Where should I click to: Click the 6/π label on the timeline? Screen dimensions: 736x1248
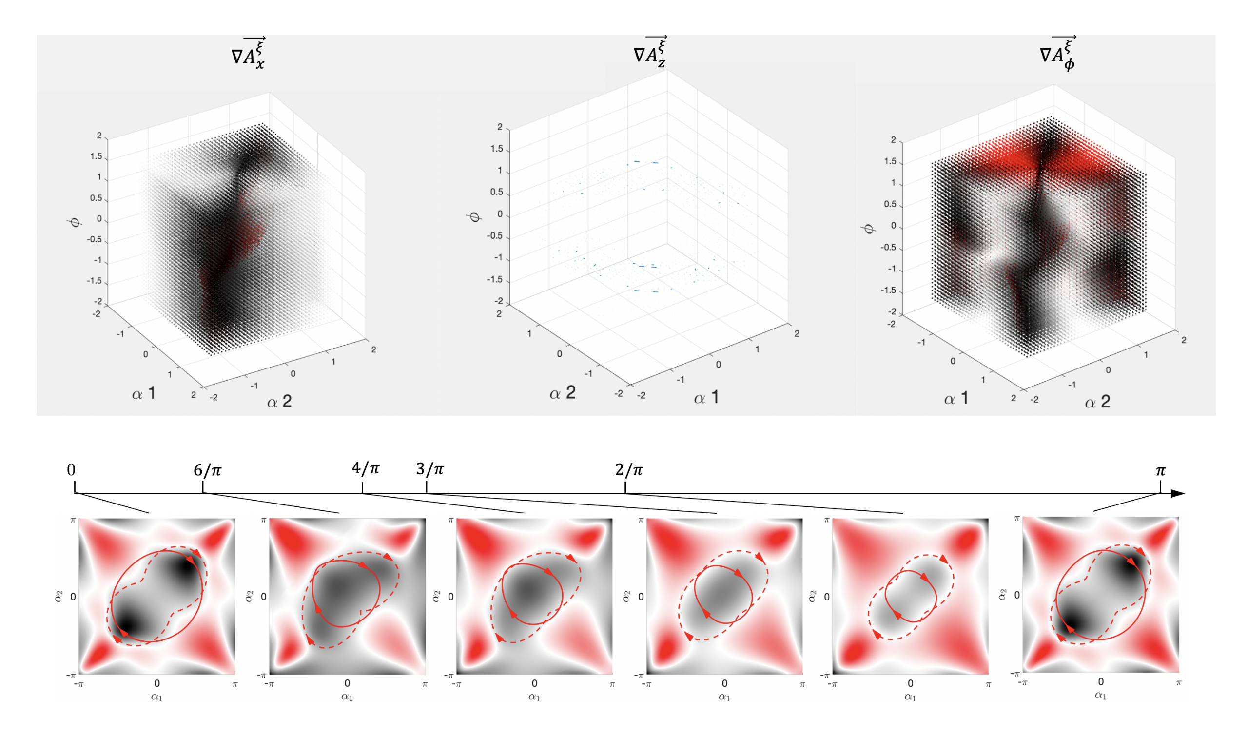click(x=207, y=470)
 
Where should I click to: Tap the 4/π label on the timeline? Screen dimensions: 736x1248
click(x=366, y=468)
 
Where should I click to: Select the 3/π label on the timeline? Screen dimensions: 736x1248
click(x=429, y=468)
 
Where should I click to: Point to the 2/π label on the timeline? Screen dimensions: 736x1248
click(x=628, y=469)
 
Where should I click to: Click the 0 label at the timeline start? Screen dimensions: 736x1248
click(x=72, y=470)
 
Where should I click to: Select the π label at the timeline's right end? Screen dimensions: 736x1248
click(x=1160, y=470)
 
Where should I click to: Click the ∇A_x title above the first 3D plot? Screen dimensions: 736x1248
click(x=249, y=54)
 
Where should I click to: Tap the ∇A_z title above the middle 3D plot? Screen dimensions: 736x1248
click(x=650, y=52)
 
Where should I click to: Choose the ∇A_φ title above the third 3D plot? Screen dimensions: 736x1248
click(x=1057, y=54)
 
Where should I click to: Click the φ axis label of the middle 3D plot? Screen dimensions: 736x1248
click(x=474, y=216)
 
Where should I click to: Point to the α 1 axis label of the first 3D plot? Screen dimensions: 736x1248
click(x=144, y=394)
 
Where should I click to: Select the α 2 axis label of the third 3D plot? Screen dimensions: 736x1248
click(x=1097, y=402)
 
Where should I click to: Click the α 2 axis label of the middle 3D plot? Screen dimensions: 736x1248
click(x=563, y=393)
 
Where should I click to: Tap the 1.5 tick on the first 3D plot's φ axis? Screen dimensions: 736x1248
click(x=96, y=156)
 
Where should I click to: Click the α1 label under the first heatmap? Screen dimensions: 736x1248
click(x=157, y=697)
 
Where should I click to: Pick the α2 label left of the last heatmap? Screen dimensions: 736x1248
click(x=1003, y=594)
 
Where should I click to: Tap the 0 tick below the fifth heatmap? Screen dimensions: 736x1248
click(x=910, y=683)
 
